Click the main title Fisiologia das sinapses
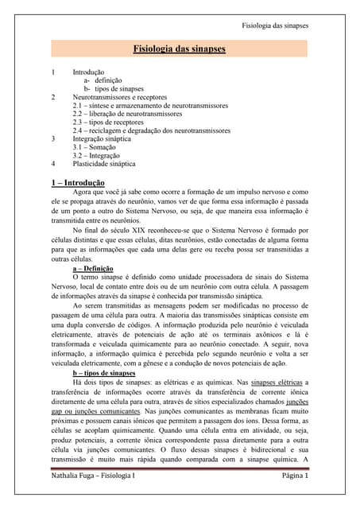[x=179, y=49]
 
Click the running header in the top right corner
[x=274, y=25]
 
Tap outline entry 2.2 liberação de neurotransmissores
[x=127, y=114]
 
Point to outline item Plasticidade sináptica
[x=104, y=164]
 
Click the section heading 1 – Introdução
[x=78, y=182]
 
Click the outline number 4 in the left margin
[x=52, y=164]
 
